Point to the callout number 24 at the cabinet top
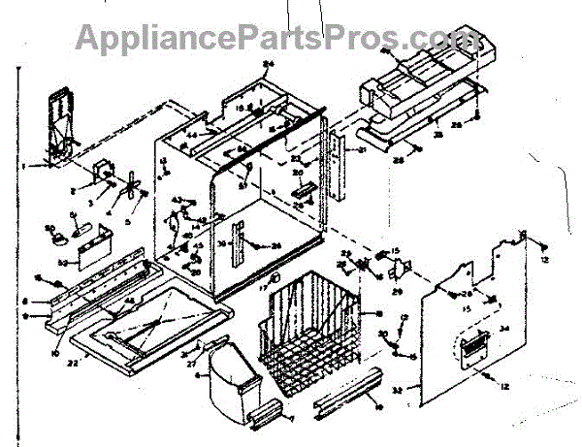pyautogui.click(x=269, y=65)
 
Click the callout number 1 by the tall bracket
pyautogui.click(x=32, y=167)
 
